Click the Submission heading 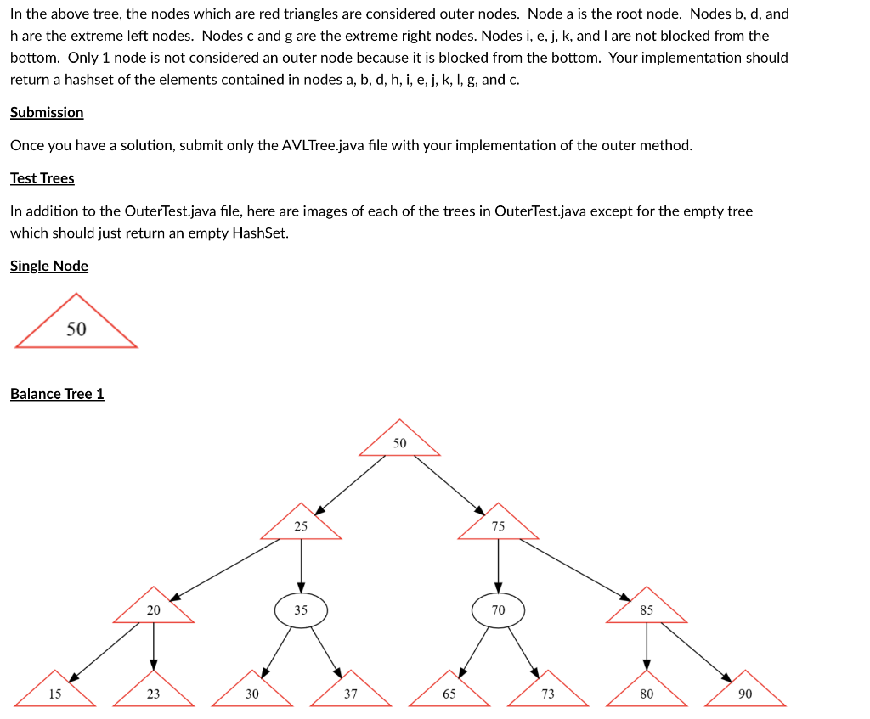(x=47, y=112)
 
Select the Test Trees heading (x=42, y=178)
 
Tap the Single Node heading (x=49, y=266)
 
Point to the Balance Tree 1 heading (x=57, y=394)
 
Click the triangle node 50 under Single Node (x=76, y=328)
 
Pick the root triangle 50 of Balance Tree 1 (x=400, y=442)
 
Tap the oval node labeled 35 (x=301, y=609)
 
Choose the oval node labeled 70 (x=498, y=609)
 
